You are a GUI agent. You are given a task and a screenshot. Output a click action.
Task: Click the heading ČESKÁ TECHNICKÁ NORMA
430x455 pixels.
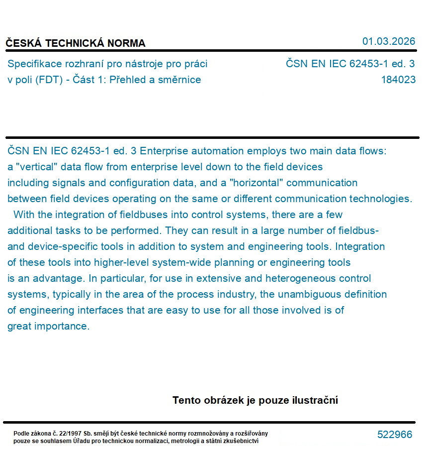[x=76, y=43]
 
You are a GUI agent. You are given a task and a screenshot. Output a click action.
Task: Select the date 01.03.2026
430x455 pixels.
[x=389, y=41]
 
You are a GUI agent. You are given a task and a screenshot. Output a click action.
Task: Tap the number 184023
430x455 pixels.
[x=398, y=80]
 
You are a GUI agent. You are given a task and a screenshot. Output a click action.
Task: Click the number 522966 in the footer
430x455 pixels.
[x=395, y=435]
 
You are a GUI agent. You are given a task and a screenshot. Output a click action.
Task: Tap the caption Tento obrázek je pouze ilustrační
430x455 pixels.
[x=255, y=400]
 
